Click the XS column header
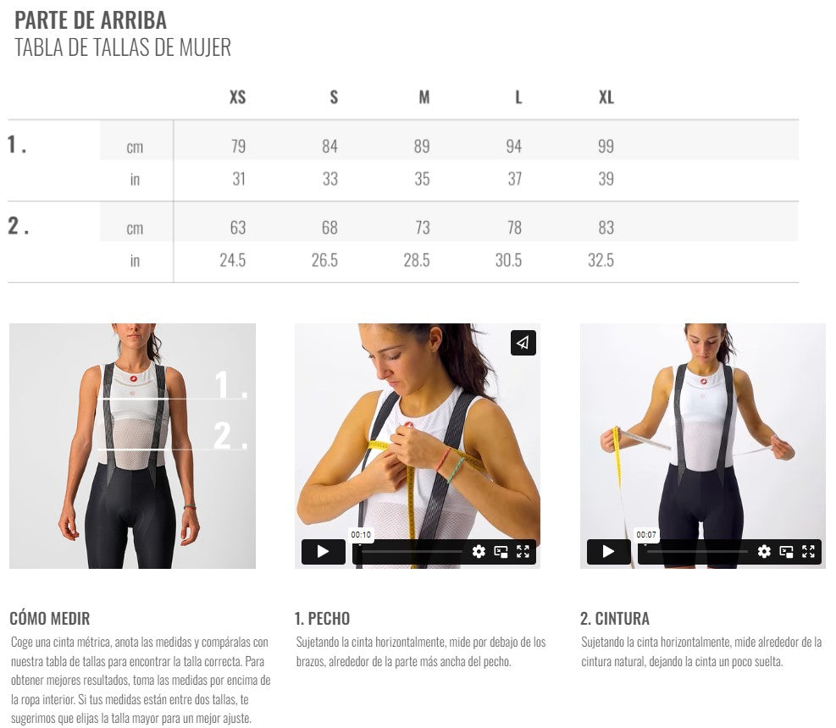pyautogui.click(x=237, y=97)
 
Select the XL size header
pyautogui.click(x=606, y=97)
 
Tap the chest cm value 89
pyautogui.click(x=422, y=146)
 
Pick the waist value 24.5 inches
pyautogui.click(x=232, y=260)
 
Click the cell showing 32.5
pyautogui.click(x=601, y=260)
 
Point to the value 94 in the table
pyautogui.click(x=514, y=146)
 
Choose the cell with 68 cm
pyautogui.click(x=329, y=228)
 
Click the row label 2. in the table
pyautogui.click(x=18, y=226)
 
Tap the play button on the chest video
pyautogui.click(x=323, y=552)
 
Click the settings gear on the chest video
pyautogui.click(x=479, y=552)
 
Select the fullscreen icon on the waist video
pyautogui.click(x=808, y=552)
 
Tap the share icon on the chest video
pyautogui.click(x=523, y=343)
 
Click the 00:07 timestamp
pyautogui.click(x=646, y=534)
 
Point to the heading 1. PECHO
pyautogui.click(x=322, y=618)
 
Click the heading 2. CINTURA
pyautogui.click(x=615, y=618)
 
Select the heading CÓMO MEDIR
pyautogui.click(x=50, y=618)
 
